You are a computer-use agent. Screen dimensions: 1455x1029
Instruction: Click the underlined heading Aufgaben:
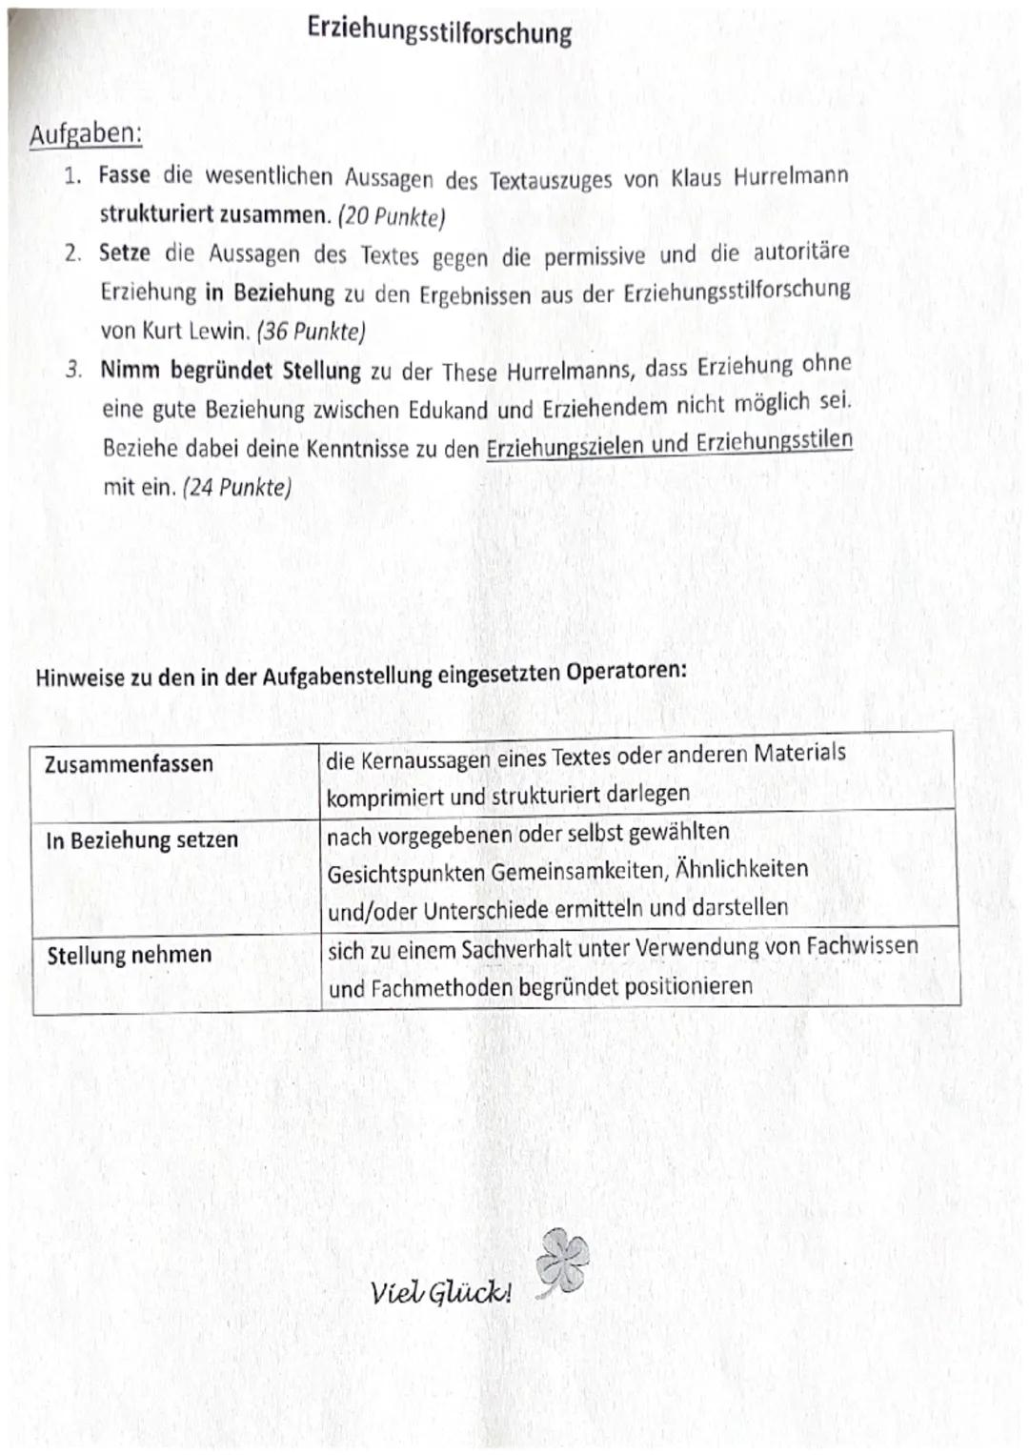click(86, 134)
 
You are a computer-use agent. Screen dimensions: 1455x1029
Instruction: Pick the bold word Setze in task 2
click(125, 253)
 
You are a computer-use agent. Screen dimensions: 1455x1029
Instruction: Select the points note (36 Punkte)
click(312, 332)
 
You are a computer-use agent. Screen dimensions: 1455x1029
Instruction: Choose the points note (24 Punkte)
click(236, 487)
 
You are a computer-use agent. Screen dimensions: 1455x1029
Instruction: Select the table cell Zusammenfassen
click(129, 764)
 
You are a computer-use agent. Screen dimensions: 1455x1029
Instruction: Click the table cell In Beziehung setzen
click(142, 840)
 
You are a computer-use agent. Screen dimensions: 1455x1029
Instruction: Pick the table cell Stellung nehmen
click(129, 955)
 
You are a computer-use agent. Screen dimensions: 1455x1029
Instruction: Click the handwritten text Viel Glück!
click(441, 1293)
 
